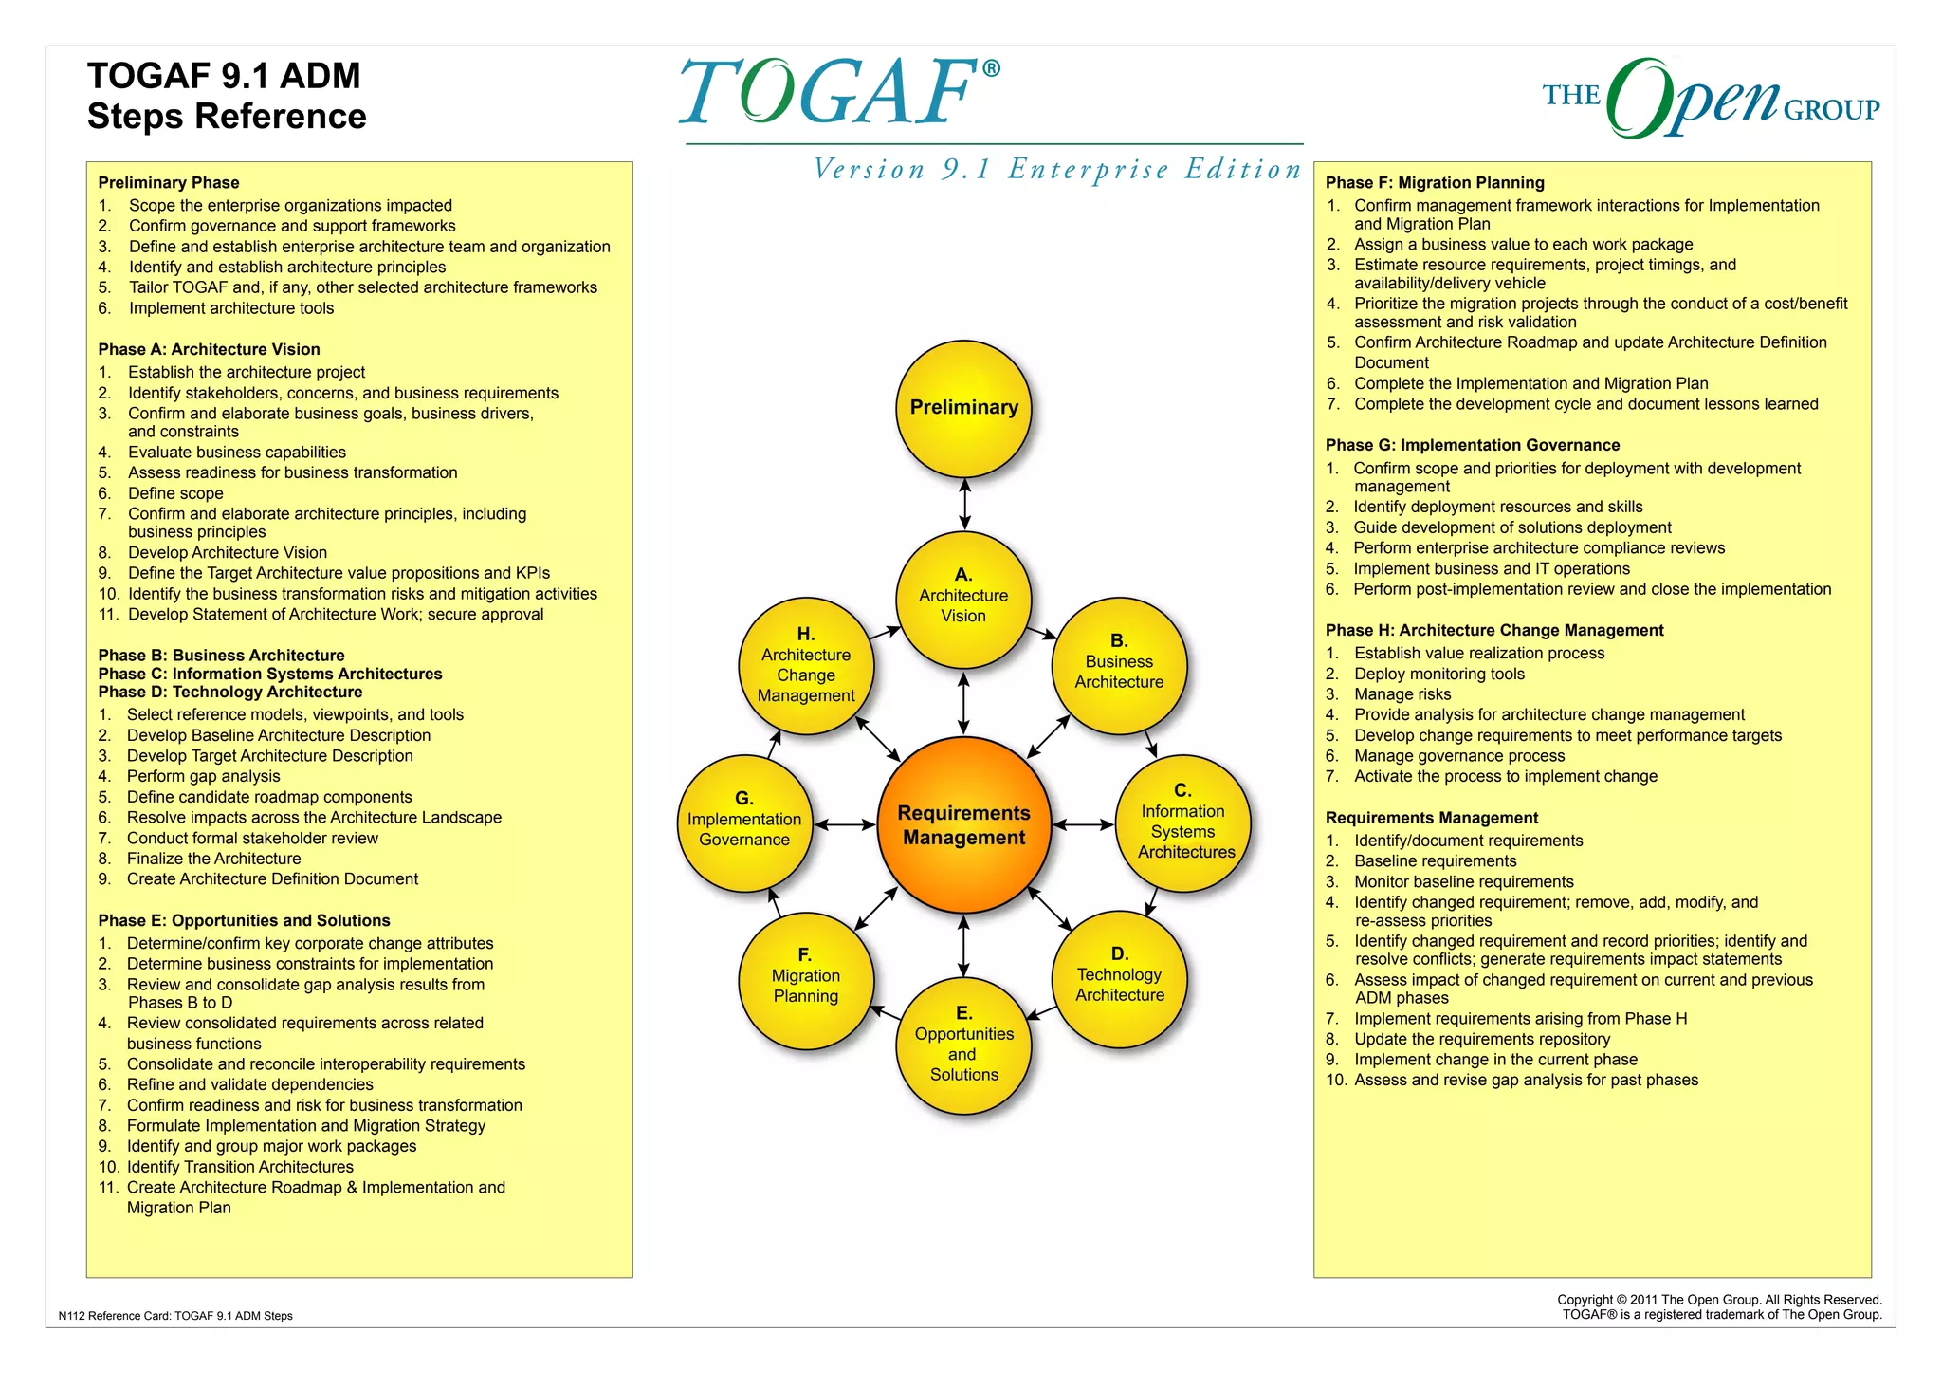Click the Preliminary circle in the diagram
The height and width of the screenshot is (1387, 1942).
point(963,408)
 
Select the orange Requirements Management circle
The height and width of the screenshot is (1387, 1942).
point(963,824)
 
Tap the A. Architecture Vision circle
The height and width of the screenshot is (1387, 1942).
point(963,599)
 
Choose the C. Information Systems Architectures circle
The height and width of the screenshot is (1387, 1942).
point(1183,823)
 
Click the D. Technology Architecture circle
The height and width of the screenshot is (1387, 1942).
point(1119,978)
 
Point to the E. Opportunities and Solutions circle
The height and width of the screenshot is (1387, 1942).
point(963,1045)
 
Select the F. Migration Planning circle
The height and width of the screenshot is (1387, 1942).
point(806,978)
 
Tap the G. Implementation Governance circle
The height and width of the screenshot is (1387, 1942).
point(744,823)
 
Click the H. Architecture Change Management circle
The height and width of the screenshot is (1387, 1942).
point(806,666)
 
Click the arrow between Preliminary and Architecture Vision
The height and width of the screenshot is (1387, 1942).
point(964,503)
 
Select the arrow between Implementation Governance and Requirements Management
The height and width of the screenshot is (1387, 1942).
point(845,824)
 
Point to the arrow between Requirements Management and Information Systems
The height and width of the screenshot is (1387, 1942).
point(1083,824)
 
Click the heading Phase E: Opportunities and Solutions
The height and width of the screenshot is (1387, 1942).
point(244,920)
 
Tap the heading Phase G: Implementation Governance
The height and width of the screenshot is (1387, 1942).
point(1472,445)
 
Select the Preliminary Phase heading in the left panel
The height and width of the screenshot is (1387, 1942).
point(169,182)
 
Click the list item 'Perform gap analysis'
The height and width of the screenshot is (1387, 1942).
point(203,776)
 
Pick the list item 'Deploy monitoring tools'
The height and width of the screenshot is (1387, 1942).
point(1438,674)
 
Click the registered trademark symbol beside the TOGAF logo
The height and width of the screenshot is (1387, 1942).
point(991,68)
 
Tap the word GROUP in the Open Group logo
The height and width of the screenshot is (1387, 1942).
point(1831,110)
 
